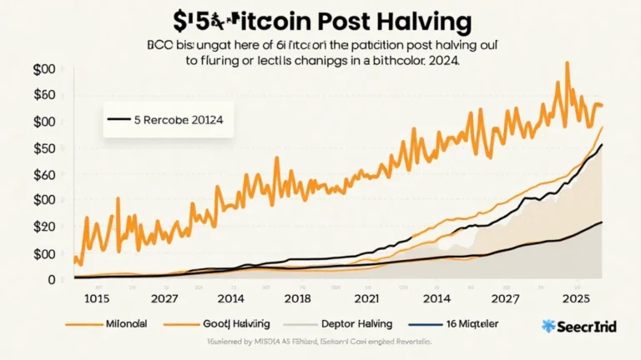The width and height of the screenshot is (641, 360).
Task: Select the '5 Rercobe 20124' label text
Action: (x=184, y=119)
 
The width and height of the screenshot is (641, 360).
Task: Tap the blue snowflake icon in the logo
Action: (x=548, y=326)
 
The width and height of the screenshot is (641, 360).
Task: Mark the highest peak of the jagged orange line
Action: (x=568, y=62)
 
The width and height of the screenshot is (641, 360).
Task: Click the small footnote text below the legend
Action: (x=320, y=342)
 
